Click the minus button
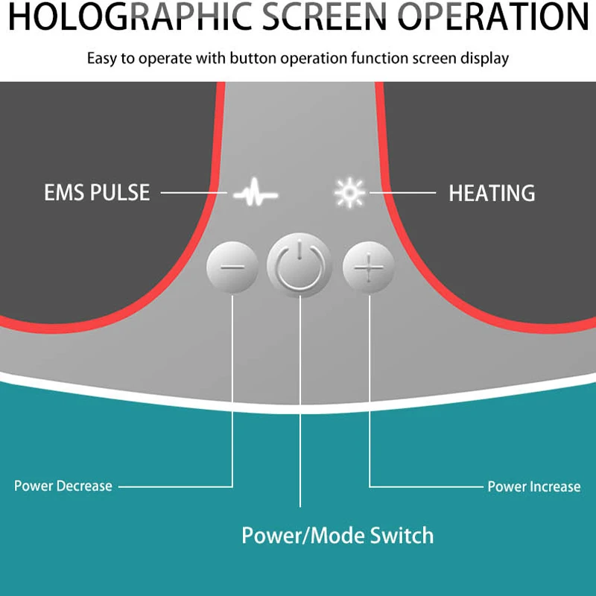click(232, 266)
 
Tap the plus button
click(368, 266)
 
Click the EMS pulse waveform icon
click(255, 194)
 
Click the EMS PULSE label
click(97, 193)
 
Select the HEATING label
click(492, 194)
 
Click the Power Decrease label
click(63, 486)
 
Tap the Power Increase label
click(533, 487)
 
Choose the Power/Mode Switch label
click(337, 535)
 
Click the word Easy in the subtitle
click(101, 58)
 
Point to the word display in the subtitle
click(484, 58)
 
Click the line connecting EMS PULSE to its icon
click(194, 193)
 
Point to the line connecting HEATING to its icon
click(402, 193)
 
